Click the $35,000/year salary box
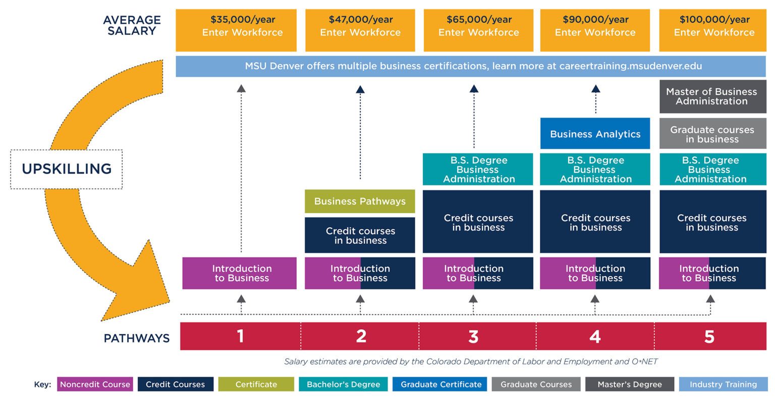[x=243, y=30]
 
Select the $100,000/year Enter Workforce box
[x=713, y=30]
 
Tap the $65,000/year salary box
[x=478, y=30]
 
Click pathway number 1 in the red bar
[x=241, y=336]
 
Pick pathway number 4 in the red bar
[x=595, y=336]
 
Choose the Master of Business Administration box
[x=711, y=96]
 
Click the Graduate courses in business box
[x=712, y=134]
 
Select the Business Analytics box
[x=595, y=134]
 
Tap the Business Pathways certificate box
[x=360, y=201]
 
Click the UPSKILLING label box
[x=67, y=169]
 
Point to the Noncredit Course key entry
[x=95, y=384]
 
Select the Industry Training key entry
[x=723, y=384]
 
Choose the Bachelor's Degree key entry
[x=343, y=384]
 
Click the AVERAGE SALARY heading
[x=132, y=25]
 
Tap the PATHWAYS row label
[x=136, y=338]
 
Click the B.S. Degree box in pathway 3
[x=478, y=169]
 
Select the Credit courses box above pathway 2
[x=360, y=235]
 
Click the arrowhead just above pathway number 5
[x=710, y=299]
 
